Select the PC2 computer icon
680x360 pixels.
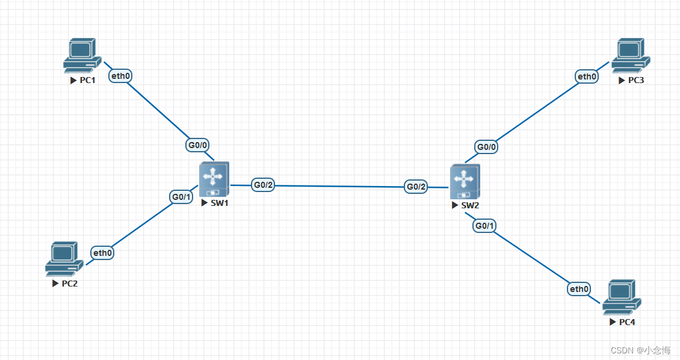pyautogui.click(x=63, y=258)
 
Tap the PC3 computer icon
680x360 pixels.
pyautogui.click(x=629, y=55)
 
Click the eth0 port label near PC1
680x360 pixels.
pyautogui.click(x=120, y=76)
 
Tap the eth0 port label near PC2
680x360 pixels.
pyautogui.click(x=102, y=253)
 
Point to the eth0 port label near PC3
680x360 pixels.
pyautogui.click(x=587, y=76)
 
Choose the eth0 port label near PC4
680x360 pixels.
pyautogui.click(x=579, y=289)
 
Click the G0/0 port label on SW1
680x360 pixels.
pyautogui.click(x=197, y=145)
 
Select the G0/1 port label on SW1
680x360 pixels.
pyautogui.click(x=181, y=197)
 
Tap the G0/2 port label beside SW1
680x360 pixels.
pyautogui.click(x=264, y=185)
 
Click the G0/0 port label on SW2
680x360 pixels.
pyautogui.click(x=487, y=146)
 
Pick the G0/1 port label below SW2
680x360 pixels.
pyautogui.click(x=485, y=226)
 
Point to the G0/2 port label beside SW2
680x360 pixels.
pyautogui.click(x=416, y=187)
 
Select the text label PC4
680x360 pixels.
pyautogui.click(x=626, y=322)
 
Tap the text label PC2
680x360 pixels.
pyautogui.click(x=69, y=284)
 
